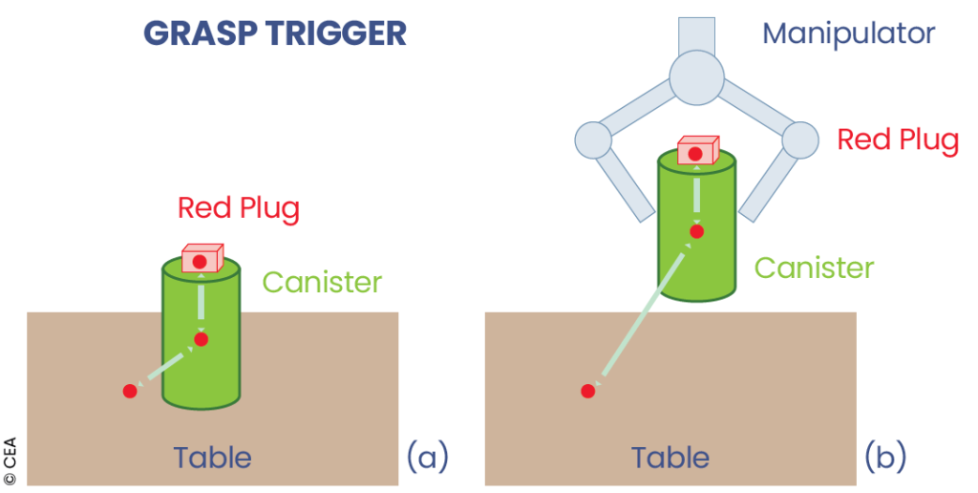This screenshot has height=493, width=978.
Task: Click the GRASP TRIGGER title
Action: coord(275,33)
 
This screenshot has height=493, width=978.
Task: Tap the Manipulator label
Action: coord(848,34)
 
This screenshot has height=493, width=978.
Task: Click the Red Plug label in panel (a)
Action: coord(239,207)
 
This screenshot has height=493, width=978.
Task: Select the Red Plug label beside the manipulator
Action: coord(898,140)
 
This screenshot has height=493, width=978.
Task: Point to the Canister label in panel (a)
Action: coord(322,283)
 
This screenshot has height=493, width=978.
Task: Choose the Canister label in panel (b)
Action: coord(814,268)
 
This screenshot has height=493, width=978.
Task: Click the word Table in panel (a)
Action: coord(212,458)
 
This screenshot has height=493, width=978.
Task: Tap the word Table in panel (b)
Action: coord(670,458)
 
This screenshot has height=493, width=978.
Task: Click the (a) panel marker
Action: coord(426,457)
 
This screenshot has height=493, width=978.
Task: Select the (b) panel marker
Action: coord(885,457)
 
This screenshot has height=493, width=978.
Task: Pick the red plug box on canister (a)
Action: coord(201,259)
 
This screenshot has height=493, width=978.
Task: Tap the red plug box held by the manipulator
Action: coord(697,151)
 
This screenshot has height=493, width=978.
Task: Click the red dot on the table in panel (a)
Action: coord(130,391)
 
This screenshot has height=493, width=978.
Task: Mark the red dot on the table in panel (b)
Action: coord(588,391)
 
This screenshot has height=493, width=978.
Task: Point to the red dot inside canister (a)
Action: coord(201,339)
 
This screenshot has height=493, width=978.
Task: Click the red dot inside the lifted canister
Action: coord(697,231)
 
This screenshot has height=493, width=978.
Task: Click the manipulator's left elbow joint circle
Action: coord(593,140)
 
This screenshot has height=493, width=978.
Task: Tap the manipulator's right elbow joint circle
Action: coord(800,140)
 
